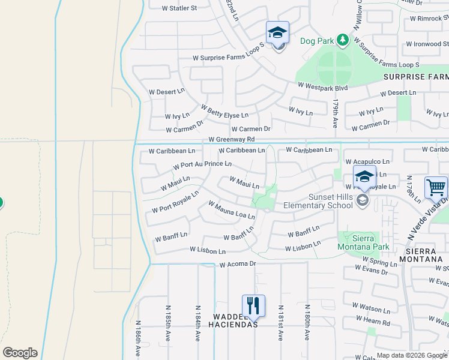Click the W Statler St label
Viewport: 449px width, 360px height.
point(179,8)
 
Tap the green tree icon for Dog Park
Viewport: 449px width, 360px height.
point(342,40)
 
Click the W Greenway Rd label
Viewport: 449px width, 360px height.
point(236,139)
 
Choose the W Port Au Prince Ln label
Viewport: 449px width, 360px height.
point(202,164)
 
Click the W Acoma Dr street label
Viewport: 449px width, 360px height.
point(238,264)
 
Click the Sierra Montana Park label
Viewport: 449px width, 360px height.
point(364,242)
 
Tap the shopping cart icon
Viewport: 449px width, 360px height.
point(436,187)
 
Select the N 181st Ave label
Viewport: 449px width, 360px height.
point(279,323)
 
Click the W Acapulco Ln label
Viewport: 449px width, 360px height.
point(368,162)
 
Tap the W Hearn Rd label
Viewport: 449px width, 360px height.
point(377,323)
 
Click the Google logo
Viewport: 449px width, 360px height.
point(20,353)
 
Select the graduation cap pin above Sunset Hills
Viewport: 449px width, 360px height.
point(364,178)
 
